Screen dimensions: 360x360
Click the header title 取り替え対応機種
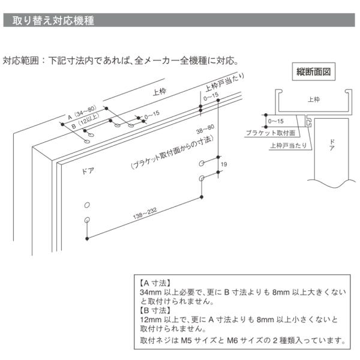click(x=53, y=20)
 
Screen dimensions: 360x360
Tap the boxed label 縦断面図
click(x=313, y=72)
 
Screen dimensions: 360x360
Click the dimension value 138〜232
click(x=145, y=214)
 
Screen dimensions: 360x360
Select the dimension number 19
click(x=224, y=164)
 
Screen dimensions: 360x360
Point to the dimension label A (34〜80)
click(x=82, y=113)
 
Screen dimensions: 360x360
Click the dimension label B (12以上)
click(x=85, y=121)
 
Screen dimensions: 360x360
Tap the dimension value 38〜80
click(x=205, y=129)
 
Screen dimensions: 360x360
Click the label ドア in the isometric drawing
click(x=88, y=171)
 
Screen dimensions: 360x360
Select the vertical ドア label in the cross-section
click(x=332, y=145)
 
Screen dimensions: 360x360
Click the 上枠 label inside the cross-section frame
click(x=314, y=100)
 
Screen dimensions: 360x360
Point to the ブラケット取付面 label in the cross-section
click(x=271, y=133)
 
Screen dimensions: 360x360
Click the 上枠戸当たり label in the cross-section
click(x=289, y=145)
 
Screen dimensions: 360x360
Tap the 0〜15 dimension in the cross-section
click(x=276, y=121)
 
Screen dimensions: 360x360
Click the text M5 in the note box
click(x=186, y=340)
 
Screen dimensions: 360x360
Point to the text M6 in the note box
click(x=232, y=340)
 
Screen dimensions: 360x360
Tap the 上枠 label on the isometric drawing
click(x=160, y=92)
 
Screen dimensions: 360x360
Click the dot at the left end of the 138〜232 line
click(x=87, y=239)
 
